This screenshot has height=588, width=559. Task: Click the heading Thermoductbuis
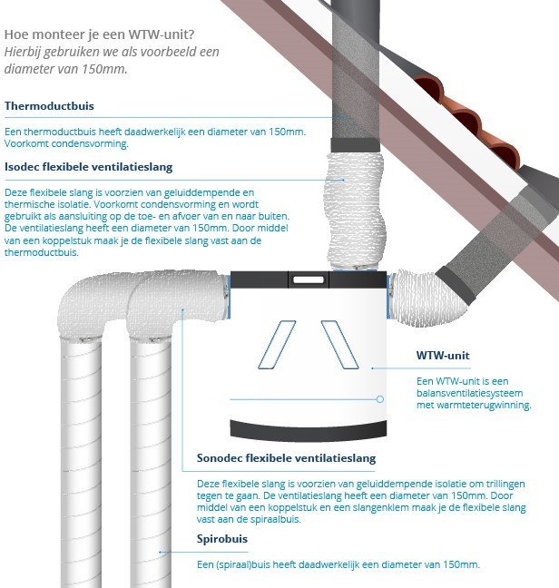[49, 106]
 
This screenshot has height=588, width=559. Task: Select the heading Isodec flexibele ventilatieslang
[89, 167]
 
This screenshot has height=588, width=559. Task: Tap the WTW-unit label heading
[443, 355]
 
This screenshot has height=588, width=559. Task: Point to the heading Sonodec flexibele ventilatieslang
[286, 458]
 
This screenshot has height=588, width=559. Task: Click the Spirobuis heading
[222, 539]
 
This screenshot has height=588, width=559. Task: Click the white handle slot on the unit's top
[309, 279]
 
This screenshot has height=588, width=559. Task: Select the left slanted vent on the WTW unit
[277, 345]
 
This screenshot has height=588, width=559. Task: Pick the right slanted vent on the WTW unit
[339, 345]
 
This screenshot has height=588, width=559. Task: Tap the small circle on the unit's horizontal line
[380, 399]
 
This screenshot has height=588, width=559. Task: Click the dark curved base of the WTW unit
[309, 430]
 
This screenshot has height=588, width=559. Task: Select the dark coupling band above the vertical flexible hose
[356, 145]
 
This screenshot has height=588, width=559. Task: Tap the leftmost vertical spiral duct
[81, 461]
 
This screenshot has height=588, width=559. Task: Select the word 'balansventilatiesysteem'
[469, 393]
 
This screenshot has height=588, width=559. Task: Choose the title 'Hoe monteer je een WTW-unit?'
[99, 34]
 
